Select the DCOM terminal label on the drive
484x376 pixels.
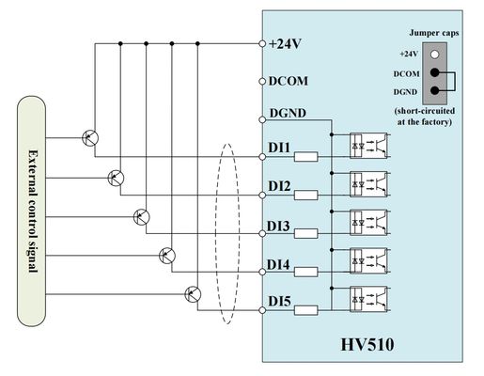coord(288,81)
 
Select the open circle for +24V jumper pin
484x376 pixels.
coord(435,55)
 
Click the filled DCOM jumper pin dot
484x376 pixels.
coord(435,72)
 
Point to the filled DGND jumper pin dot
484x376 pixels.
coord(435,91)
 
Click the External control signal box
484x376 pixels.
coord(32,211)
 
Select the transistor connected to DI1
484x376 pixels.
coord(90,137)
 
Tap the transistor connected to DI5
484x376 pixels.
coord(194,293)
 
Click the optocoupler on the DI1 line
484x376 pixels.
coord(368,143)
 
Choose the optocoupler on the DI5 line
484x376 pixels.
coord(368,299)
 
